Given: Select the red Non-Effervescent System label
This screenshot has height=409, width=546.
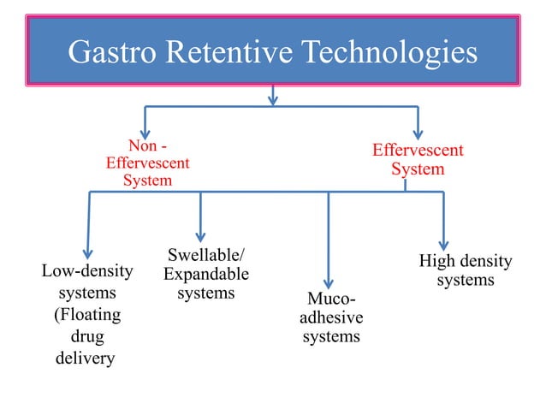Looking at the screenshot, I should [x=147, y=163].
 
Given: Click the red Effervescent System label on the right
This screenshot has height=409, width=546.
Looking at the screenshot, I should [x=418, y=160].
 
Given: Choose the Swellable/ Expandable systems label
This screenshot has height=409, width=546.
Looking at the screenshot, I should [x=205, y=274].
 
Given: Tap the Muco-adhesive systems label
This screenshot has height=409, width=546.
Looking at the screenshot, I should [x=331, y=317].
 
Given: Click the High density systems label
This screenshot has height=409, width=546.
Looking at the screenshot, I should [x=465, y=270].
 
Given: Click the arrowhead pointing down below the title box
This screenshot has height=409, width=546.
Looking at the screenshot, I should [x=273, y=99].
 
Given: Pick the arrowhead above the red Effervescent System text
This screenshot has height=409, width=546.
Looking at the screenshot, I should [x=418, y=132].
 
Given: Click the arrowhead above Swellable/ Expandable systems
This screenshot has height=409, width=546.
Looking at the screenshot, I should [x=200, y=235].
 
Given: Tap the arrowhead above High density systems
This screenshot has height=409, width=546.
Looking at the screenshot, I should [x=443, y=242].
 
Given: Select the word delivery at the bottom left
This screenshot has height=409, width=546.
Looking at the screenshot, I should [x=85, y=358].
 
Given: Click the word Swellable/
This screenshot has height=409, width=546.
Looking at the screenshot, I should [x=205, y=255].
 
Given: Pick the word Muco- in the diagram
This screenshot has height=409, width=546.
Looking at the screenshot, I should [x=331, y=299].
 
